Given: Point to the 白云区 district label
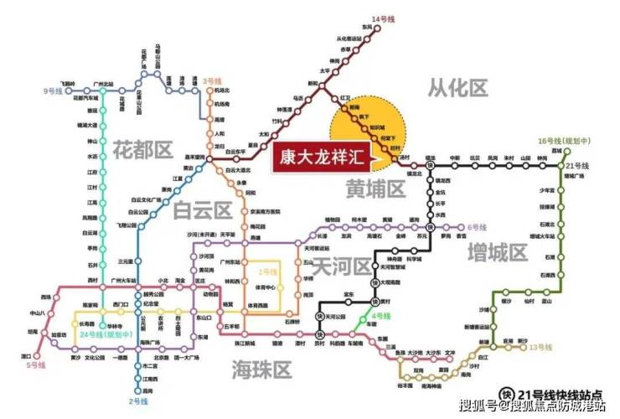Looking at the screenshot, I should point(201,210).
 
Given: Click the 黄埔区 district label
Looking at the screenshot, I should point(375,190).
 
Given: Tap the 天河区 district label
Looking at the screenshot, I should point(341,266).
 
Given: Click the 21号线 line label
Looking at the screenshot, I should point(578,167).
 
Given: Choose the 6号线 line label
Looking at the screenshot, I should point(477,226).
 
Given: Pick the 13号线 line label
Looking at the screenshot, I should point(543,347).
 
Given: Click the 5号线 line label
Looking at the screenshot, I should point(34,366).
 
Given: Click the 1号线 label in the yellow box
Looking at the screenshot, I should point(266,273).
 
